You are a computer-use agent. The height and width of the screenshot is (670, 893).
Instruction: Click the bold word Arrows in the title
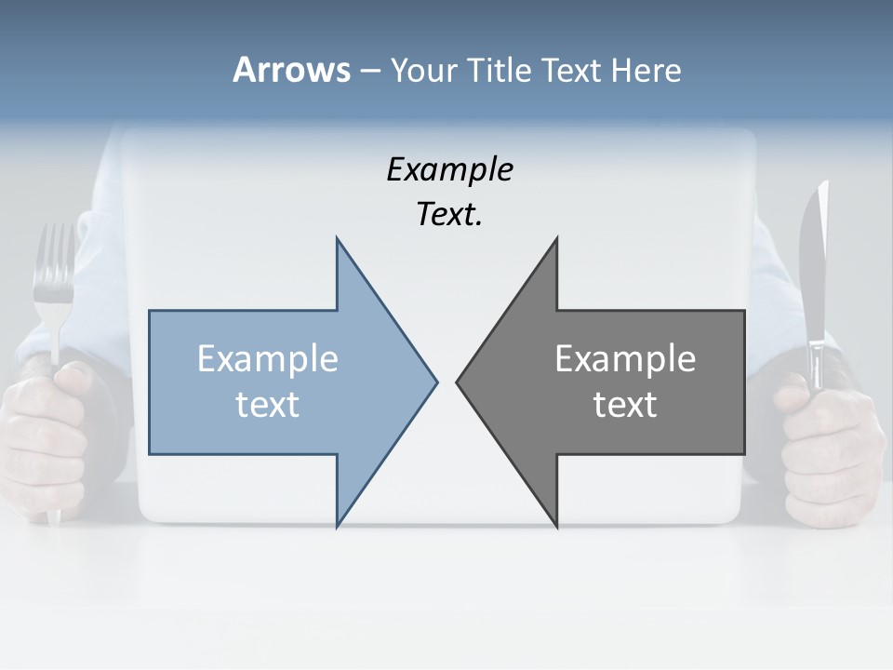point(291,70)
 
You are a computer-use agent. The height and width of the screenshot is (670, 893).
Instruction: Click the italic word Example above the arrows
point(449,170)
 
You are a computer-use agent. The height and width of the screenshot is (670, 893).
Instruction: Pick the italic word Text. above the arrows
point(449,214)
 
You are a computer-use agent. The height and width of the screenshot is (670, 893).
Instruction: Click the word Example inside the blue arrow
point(268,359)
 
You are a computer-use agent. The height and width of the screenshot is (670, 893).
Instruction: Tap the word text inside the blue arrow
point(268,405)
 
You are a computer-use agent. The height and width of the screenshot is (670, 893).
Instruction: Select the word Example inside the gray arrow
point(625,359)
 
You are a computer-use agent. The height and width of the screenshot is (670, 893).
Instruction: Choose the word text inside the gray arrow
point(625,405)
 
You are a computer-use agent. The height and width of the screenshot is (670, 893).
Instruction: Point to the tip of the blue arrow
point(435,382)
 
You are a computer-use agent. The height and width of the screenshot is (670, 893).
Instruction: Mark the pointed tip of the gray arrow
point(458,382)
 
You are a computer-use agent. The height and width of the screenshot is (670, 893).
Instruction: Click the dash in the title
point(369,71)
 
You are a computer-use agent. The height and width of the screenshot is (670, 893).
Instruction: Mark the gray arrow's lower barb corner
point(556,526)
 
